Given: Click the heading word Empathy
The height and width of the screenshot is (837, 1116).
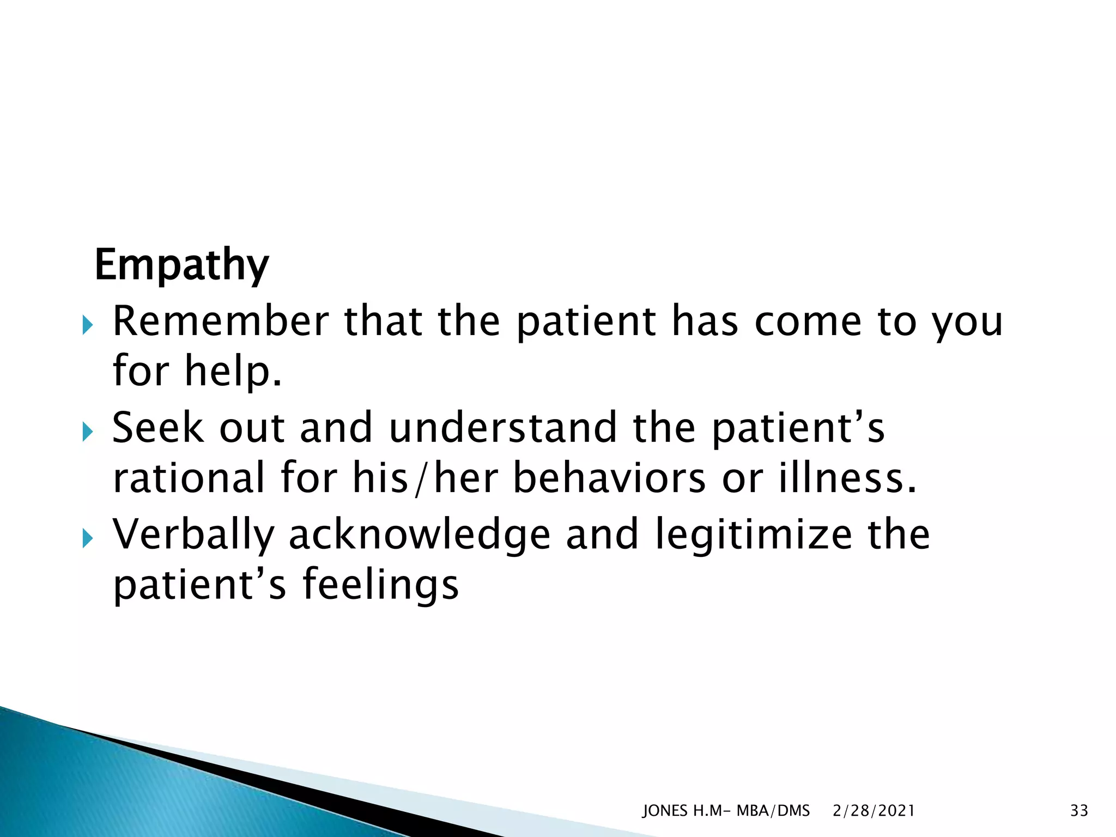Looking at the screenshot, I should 181,265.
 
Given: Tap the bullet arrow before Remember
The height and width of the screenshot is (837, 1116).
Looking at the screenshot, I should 88,326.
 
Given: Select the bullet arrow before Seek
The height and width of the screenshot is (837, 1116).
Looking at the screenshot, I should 88,433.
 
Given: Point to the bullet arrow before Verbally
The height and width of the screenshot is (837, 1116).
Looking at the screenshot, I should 88,539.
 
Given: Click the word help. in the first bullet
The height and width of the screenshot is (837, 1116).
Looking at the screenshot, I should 233,371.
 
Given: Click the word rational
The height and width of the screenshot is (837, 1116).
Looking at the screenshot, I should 189,478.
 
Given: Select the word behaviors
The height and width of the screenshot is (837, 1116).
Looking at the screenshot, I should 609,478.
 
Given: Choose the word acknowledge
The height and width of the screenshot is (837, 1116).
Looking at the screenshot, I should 419,535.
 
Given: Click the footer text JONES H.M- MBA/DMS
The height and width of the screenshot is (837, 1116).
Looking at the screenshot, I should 726,811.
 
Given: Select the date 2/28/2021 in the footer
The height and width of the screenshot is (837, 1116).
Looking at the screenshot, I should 874,811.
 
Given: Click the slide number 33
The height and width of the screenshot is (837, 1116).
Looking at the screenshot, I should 1079,811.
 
